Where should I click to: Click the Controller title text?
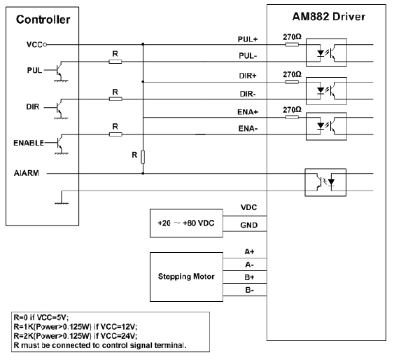point(43,20)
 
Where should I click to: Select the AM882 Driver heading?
point(329,17)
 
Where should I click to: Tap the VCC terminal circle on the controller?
point(45,45)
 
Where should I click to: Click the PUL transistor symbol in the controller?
point(59,71)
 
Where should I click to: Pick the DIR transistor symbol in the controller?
point(59,109)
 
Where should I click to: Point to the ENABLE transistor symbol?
point(59,144)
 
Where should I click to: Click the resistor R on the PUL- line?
point(115,62)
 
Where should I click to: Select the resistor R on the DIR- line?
point(115,99)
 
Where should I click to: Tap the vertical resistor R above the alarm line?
point(143,157)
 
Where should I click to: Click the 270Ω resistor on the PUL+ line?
point(292,45)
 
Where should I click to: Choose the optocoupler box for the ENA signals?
point(326,126)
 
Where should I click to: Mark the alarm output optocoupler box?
point(325,182)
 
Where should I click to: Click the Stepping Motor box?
point(186,277)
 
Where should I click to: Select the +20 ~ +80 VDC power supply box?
point(186,223)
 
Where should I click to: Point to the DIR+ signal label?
point(248,76)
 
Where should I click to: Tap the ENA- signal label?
point(248,129)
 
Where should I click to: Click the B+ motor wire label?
point(249,277)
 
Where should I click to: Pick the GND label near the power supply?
point(249,225)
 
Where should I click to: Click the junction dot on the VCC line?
point(143,44)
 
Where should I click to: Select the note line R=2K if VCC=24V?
point(76,336)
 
